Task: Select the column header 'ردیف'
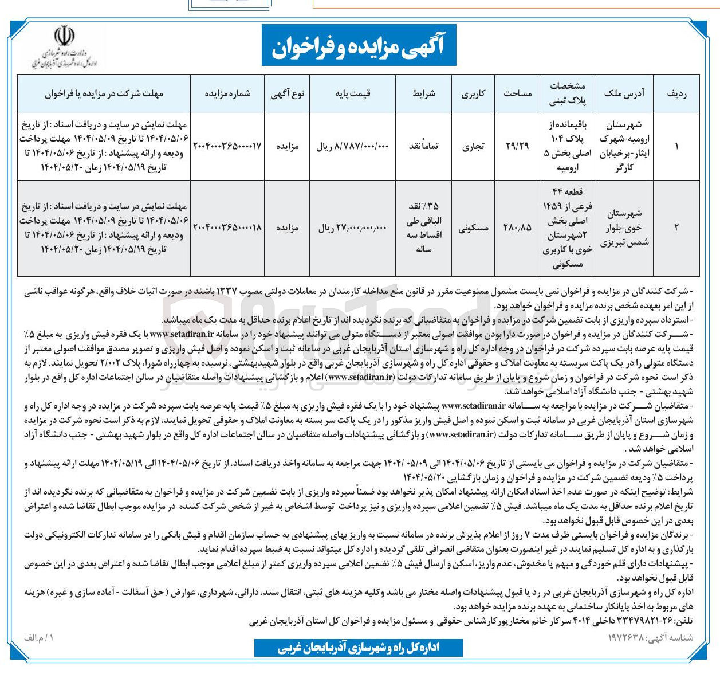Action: tap(676, 93)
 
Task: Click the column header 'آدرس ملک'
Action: tap(624, 93)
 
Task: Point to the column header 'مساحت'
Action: tap(518, 93)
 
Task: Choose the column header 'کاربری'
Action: tap(473, 93)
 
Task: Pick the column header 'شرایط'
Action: tap(424, 93)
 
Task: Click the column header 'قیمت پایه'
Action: tap(352, 93)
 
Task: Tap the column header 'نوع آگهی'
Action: tap(288, 93)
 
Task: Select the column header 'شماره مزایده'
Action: tap(228, 93)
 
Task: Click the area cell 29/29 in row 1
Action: tap(518, 146)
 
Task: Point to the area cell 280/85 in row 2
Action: tap(518, 228)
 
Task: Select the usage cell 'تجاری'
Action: tap(473, 146)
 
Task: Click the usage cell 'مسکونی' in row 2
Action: tap(473, 228)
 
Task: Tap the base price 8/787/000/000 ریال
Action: tap(352, 147)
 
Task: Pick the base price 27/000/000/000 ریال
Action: tap(352, 228)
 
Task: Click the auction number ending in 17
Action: tap(228, 146)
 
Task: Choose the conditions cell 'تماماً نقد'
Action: tap(424, 146)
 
